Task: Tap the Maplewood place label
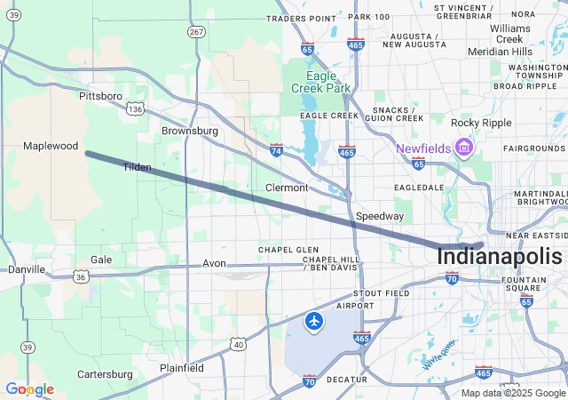(x=51, y=146)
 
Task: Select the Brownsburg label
(x=189, y=131)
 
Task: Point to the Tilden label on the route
(x=137, y=167)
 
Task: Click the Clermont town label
(x=287, y=188)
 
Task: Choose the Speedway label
(x=380, y=216)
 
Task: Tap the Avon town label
(x=214, y=263)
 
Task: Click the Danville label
(x=26, y=268)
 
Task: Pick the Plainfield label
(x=181, y=367)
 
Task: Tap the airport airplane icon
(x=314, y=321)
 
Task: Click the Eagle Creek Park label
(x=321, y=81)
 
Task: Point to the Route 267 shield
(x=195, y=31)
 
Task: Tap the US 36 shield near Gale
(x=81, y=276)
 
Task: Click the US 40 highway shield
(x=238, y=344)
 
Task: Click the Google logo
(x=29, y=389)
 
